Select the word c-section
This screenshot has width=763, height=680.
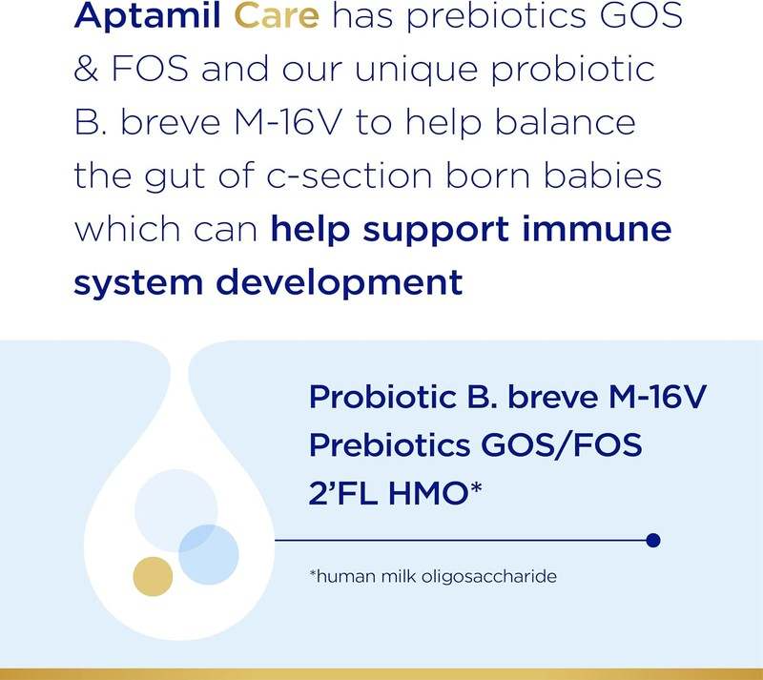(358, 178)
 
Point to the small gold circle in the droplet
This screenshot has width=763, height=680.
(153, 575)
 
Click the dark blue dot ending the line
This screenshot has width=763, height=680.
(653, 541)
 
